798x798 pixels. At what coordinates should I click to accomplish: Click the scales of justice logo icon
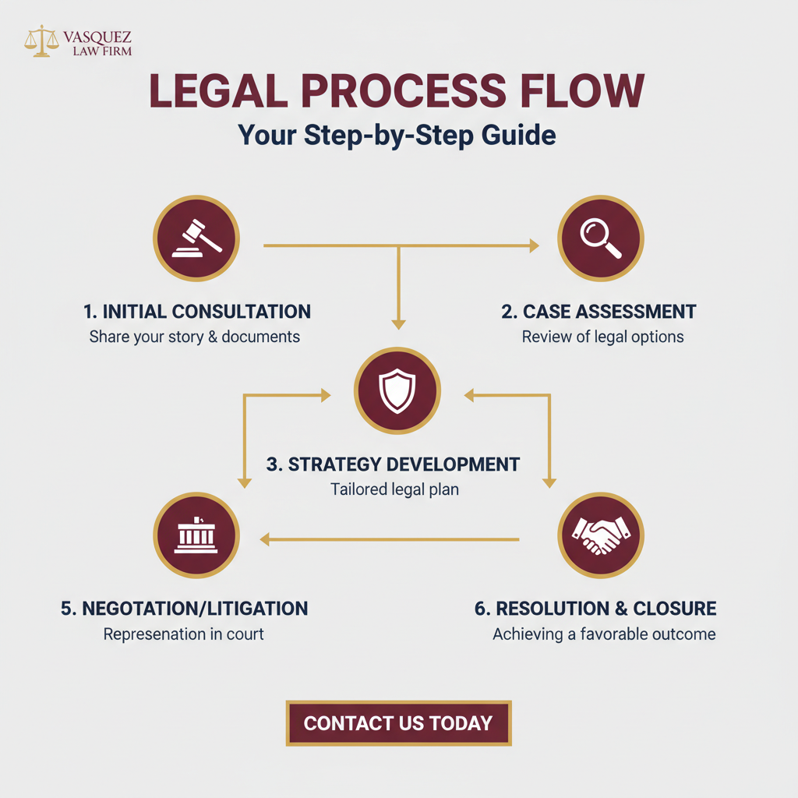coord(41,41)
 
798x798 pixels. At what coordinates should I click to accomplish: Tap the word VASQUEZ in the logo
coord(99,36)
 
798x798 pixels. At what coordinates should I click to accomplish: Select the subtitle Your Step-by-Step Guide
coord(397,135)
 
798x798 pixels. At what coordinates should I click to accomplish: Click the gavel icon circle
coord(196,238)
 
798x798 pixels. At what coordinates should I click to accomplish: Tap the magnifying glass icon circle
coord(601,238)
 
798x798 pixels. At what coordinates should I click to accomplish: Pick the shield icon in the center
coord(397,390)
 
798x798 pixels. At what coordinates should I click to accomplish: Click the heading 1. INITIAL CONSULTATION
coord(196,312)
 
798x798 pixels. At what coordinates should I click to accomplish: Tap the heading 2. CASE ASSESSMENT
coord(598,312)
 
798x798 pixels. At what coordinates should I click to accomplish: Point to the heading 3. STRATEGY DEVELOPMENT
coord(393,464)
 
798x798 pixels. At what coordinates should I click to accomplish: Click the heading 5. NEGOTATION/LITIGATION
coord(184,609)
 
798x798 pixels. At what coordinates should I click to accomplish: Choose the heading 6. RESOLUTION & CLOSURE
coord(595,609)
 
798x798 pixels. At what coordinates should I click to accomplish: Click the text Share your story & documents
coord(195,337)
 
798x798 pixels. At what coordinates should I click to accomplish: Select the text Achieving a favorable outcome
coord(604,634)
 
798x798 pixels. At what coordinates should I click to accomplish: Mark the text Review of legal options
coord(602,337)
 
